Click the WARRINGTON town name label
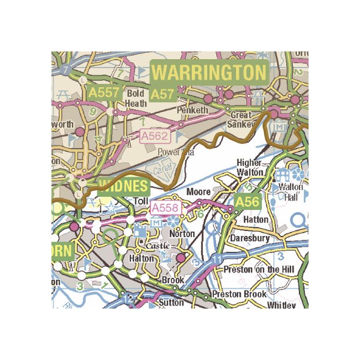[x=209, y=72]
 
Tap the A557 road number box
[x=104, y=93]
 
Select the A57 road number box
[x=163, y=94]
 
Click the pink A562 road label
[x=154, y=136]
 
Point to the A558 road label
[x=167, y=208]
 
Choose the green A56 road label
[x=247, y=202]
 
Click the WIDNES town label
[x=123, y=186]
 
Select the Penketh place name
[x=192, y=110]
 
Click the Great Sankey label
[x=241, y=120]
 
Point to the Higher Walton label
[x=250, y=168]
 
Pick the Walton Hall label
[x=291, y=191]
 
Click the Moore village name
[x=198, y=192]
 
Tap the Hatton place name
[x=255, y=220]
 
